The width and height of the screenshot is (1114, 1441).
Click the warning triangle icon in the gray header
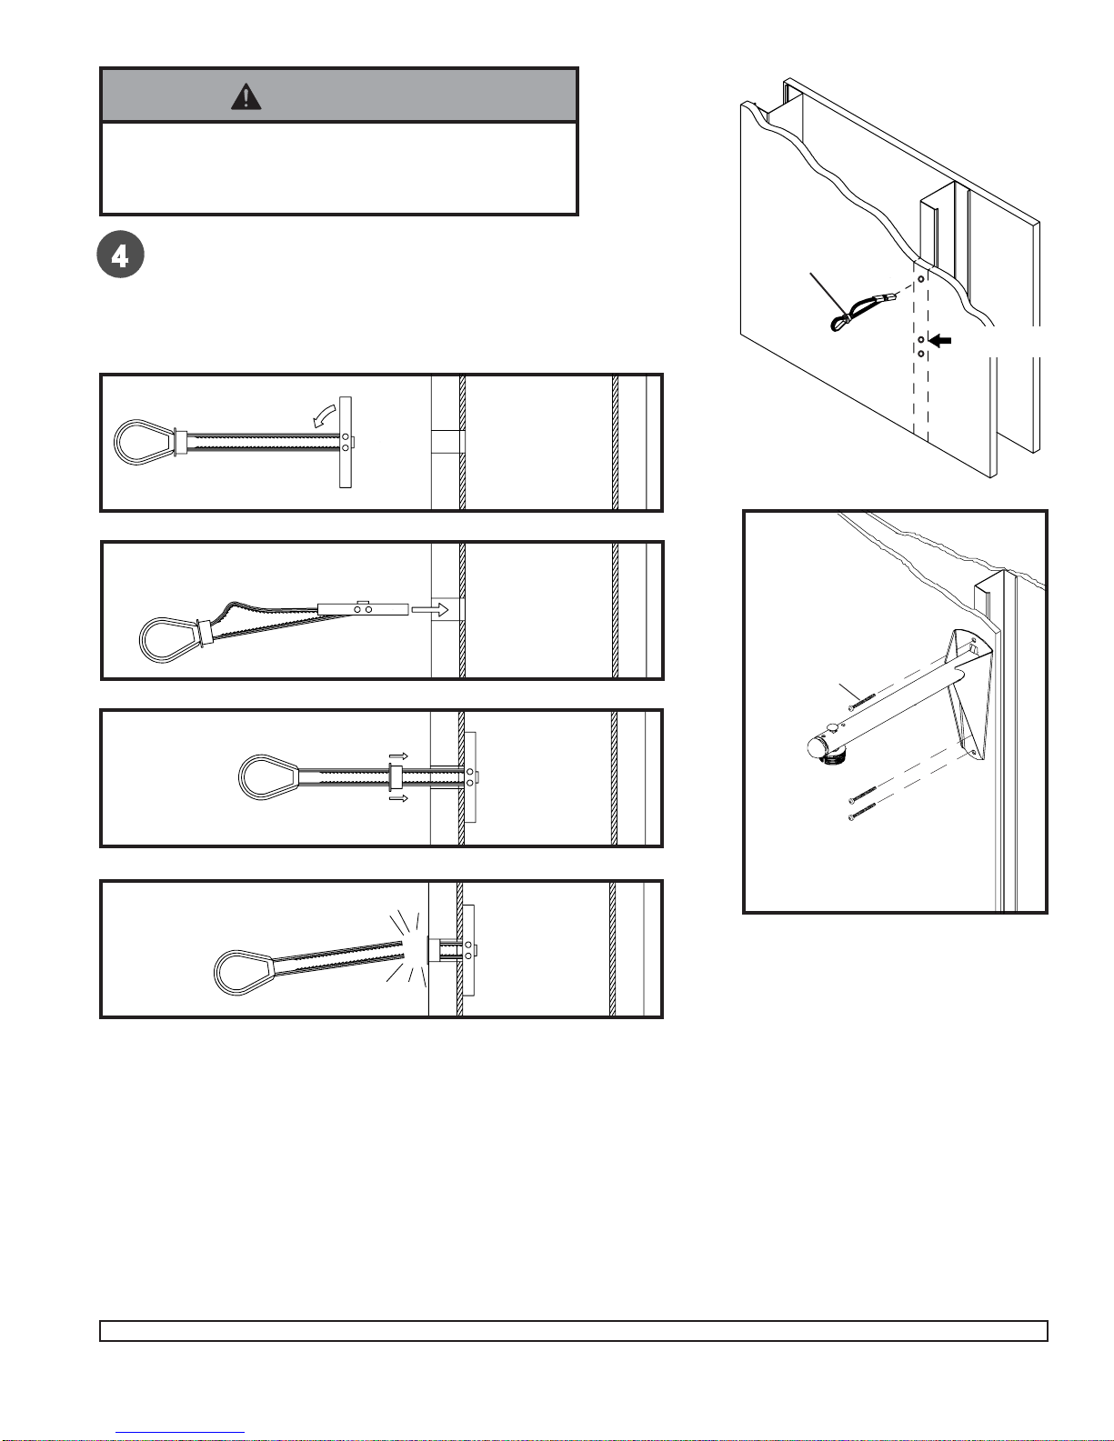point(246,96)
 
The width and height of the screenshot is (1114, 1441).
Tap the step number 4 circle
point(121,255)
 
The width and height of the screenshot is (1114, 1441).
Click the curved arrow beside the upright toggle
point(325,415)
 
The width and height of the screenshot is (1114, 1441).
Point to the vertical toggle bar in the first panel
point(345,443)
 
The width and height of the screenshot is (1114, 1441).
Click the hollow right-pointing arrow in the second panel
point(430,609)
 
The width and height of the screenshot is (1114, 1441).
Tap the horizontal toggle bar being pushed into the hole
point(363,609)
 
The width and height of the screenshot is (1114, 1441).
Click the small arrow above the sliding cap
point(398,756)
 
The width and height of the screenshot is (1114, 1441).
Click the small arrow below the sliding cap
point(398,798)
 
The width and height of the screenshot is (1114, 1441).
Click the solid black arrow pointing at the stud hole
point(940,340)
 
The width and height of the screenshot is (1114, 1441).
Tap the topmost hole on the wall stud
point(920,279)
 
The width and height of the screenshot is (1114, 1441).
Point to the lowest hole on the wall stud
point(921,355)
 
